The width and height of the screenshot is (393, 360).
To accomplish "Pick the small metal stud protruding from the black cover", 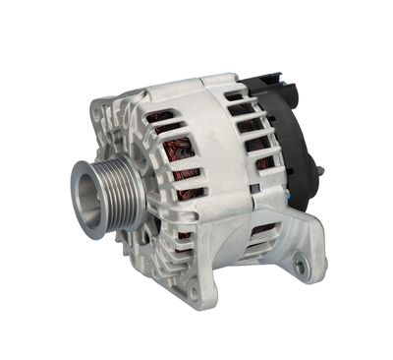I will point(319,174).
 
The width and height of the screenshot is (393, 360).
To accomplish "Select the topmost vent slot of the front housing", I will point(162,117).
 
